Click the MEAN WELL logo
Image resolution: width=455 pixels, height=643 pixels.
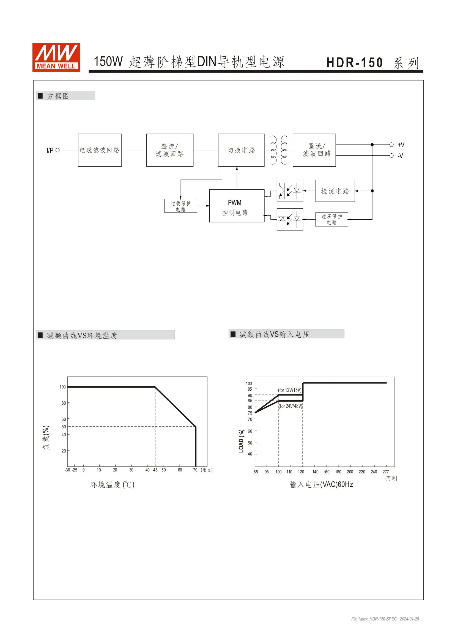coord(56,57)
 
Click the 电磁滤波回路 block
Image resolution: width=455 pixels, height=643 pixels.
coord(100,150)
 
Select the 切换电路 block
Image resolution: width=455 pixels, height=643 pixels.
coord(241,150)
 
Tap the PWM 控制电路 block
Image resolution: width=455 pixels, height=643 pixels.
coord(237,206)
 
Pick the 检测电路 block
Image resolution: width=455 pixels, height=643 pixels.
coord(335,191)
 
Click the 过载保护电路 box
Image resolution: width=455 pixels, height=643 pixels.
coord(181,206)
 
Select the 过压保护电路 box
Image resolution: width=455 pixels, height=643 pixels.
coord(332,219)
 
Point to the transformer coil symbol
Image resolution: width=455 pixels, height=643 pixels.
coord(279,150)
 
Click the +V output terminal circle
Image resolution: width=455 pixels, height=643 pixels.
coord(391,145)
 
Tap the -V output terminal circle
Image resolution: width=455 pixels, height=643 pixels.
coord(391,155)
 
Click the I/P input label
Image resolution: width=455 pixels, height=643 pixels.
coord(50,150)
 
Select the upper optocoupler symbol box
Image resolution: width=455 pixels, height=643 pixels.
coord(290,191)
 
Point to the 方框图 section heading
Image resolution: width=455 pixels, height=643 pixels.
coord(58,96)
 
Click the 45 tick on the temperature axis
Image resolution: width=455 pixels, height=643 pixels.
coord(155,470)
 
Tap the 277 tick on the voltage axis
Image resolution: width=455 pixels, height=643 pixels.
coord(386,472)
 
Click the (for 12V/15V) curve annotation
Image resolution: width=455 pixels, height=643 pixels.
coord(290,390)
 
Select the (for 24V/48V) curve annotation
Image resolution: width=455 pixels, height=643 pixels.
coord(291,406)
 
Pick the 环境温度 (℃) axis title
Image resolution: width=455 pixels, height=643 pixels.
coord(112,484)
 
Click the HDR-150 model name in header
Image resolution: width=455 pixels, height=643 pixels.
coord(354,63)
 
